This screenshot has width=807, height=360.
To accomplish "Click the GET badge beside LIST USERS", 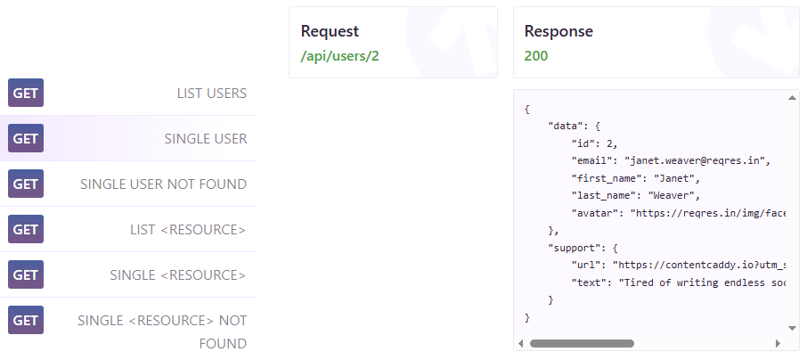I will pyautogui.click(x=26, y=93).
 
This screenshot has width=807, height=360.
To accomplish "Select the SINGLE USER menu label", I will pyautogui.click(x=206, y=138).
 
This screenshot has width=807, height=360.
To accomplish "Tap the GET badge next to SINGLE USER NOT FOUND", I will pyautogui.click(x=26, y=184).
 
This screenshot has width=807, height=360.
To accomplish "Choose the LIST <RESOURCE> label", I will pyautogui.click(x=188, y=229).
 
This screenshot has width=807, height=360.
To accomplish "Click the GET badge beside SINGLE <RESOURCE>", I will pyautogui.click(x=26, y=274).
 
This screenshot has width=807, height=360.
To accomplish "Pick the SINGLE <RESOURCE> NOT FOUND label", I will pyautogui.click(x=162, y=331).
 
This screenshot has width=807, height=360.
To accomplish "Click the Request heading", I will pyautogui.click(x=330, y=31).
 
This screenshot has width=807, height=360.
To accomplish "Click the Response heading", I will pyautogui.click(x=558, y=31).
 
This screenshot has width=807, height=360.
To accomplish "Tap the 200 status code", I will pyautogui.click(x=536, y=55).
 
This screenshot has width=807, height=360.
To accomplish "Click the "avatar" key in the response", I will pyautogui.click(x=595, y=213).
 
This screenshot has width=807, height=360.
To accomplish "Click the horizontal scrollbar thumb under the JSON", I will pyautogui.click(x=581, y=343).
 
